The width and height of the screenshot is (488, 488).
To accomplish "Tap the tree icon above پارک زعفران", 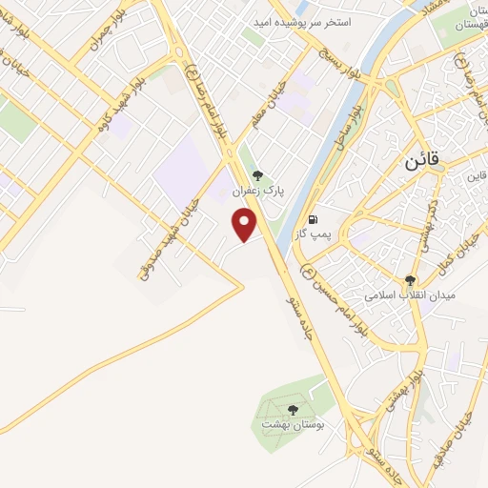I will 257,174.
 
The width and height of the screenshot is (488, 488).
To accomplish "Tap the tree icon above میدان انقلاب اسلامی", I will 411,280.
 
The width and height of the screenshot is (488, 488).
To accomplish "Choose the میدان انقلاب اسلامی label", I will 413,295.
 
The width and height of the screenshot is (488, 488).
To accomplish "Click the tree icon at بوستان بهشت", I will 293,410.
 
